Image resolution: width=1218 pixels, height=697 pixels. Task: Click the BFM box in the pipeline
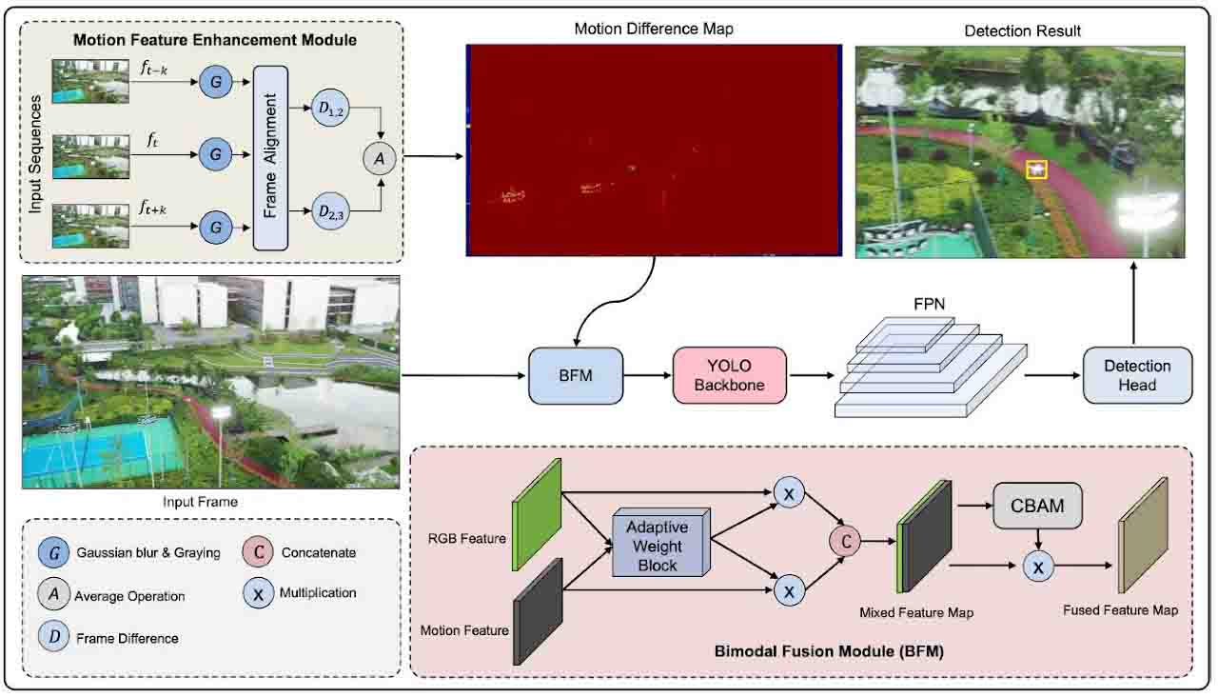point(575,376)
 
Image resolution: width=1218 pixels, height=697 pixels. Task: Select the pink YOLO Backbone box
point(730,376)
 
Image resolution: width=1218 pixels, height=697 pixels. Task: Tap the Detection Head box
point(1137,375)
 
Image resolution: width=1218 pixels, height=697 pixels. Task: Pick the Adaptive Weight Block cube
point(658,545)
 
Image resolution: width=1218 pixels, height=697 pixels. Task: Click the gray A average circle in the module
point(380,160)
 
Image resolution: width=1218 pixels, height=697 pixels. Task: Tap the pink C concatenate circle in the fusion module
point(844,541)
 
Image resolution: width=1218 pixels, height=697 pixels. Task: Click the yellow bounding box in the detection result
point(1036,169)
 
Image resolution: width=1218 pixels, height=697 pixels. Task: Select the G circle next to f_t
point(216,152)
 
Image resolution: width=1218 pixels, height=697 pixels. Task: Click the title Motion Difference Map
point(653,30)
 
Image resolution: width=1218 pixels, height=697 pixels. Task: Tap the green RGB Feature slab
point(537,515)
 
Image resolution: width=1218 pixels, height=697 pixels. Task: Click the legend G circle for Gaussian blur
point(54,552)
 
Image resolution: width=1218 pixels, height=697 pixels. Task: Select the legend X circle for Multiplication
point(258,593)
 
